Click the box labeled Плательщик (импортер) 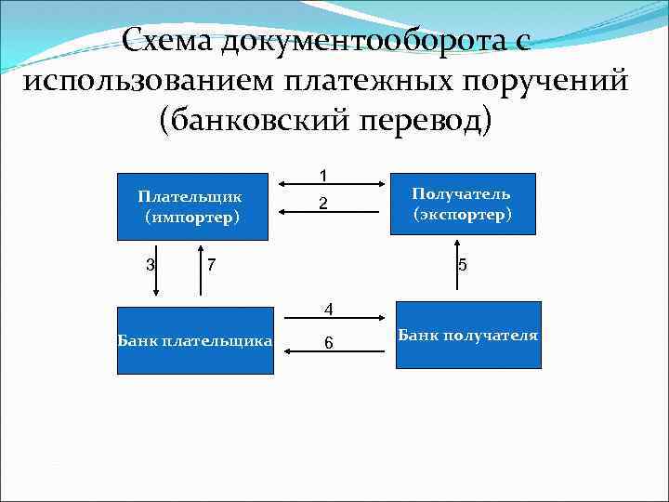(x=190, y=207)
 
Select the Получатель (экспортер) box (x=462, y=205)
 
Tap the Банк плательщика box (x=195, y=340)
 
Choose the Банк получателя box (x=468, y=335)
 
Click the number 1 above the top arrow (x=323, y=175)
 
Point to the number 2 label (x=323, y=204)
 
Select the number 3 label (x=150, y=264)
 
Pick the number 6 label (x=328, y=343)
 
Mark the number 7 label (x=212, y=265)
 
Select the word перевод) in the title (x=424, y=121)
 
